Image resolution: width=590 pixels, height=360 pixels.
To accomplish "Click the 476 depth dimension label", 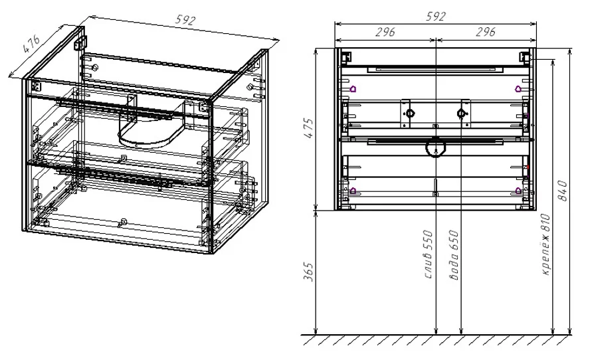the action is pyautogui.click(x=31, y=45).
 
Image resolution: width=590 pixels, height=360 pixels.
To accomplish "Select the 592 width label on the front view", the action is pyautogui.click(x=436, y=17).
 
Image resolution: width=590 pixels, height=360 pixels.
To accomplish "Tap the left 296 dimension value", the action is pyautogui.click(x=385, y=32).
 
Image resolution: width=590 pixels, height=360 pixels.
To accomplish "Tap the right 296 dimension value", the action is pyautogui.click(x=486, y=32).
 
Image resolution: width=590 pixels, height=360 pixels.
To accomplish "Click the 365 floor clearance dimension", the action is pyautogui.click(x=308, y=272).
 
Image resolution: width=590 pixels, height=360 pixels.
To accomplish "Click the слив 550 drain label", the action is pyautogui.click(x=428, y=254).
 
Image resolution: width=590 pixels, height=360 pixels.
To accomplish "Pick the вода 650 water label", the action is pyautogui.click(x=454, y=255).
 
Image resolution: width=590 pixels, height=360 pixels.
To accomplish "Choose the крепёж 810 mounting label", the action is pyautogui.click(x=545, y=244).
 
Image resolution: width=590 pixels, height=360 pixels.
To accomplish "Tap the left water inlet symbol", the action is pyautogui.click(x=410, y=113).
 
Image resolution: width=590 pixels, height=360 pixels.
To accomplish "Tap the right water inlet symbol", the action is pyautogui.click(x=461, y=113).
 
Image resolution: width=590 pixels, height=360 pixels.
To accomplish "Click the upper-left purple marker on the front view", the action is pyautogui.click(x=353, y=89).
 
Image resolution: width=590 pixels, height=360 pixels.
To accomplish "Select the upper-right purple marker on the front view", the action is pyautogui.click(x=518, y=89).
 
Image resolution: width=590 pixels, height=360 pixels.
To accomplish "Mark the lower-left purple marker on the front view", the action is pyautogui.click(x=353, y=191).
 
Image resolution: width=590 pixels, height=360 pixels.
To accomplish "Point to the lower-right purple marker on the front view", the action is pyautogui.click(x=518, y=191).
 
